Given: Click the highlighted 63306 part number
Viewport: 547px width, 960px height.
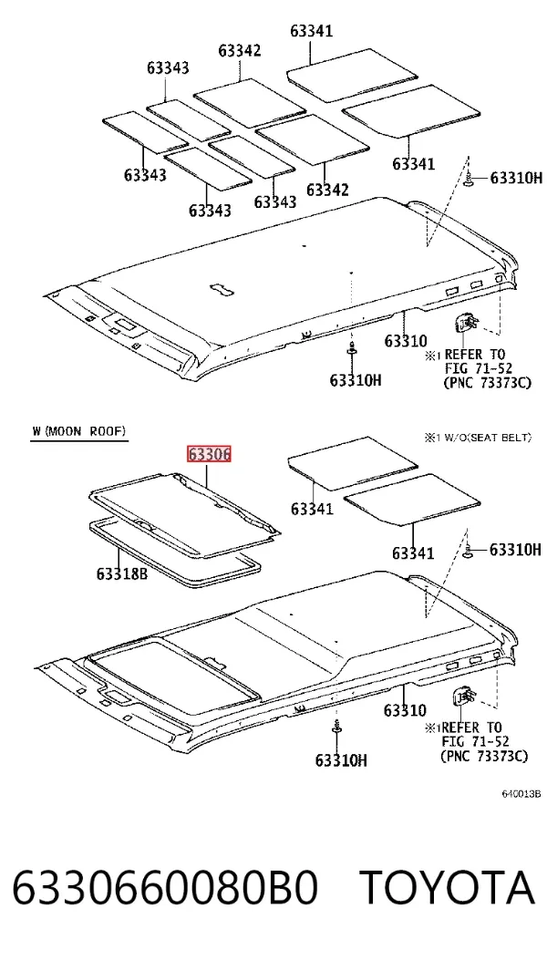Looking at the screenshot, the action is coord(209,455).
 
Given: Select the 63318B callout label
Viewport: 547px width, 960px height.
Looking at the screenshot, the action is coord(122,573).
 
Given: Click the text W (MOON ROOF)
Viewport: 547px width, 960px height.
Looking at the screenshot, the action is coord(79,431).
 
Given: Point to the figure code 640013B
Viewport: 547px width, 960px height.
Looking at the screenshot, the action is coord(521,794).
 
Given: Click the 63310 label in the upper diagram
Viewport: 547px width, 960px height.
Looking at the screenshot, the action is coord(406,340).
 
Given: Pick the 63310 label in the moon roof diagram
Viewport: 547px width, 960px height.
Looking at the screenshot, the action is coord(405,710).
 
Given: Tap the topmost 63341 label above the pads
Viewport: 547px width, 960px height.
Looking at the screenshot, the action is coord(312,31).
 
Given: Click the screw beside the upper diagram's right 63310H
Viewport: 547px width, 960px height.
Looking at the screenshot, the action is coord(469,180).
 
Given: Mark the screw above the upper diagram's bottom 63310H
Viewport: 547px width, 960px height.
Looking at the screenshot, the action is coord(352,351).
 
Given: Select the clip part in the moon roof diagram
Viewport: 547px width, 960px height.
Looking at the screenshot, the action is coord(464,697).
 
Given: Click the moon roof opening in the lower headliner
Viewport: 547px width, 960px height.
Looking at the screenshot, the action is coord(174,676).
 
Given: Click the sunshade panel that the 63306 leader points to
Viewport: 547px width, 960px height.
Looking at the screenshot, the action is coord(184,513).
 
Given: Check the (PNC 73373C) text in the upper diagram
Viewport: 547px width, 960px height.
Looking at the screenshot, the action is coord(486,383).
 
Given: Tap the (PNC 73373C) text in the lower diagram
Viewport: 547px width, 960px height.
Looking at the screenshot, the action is coord(483,756).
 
